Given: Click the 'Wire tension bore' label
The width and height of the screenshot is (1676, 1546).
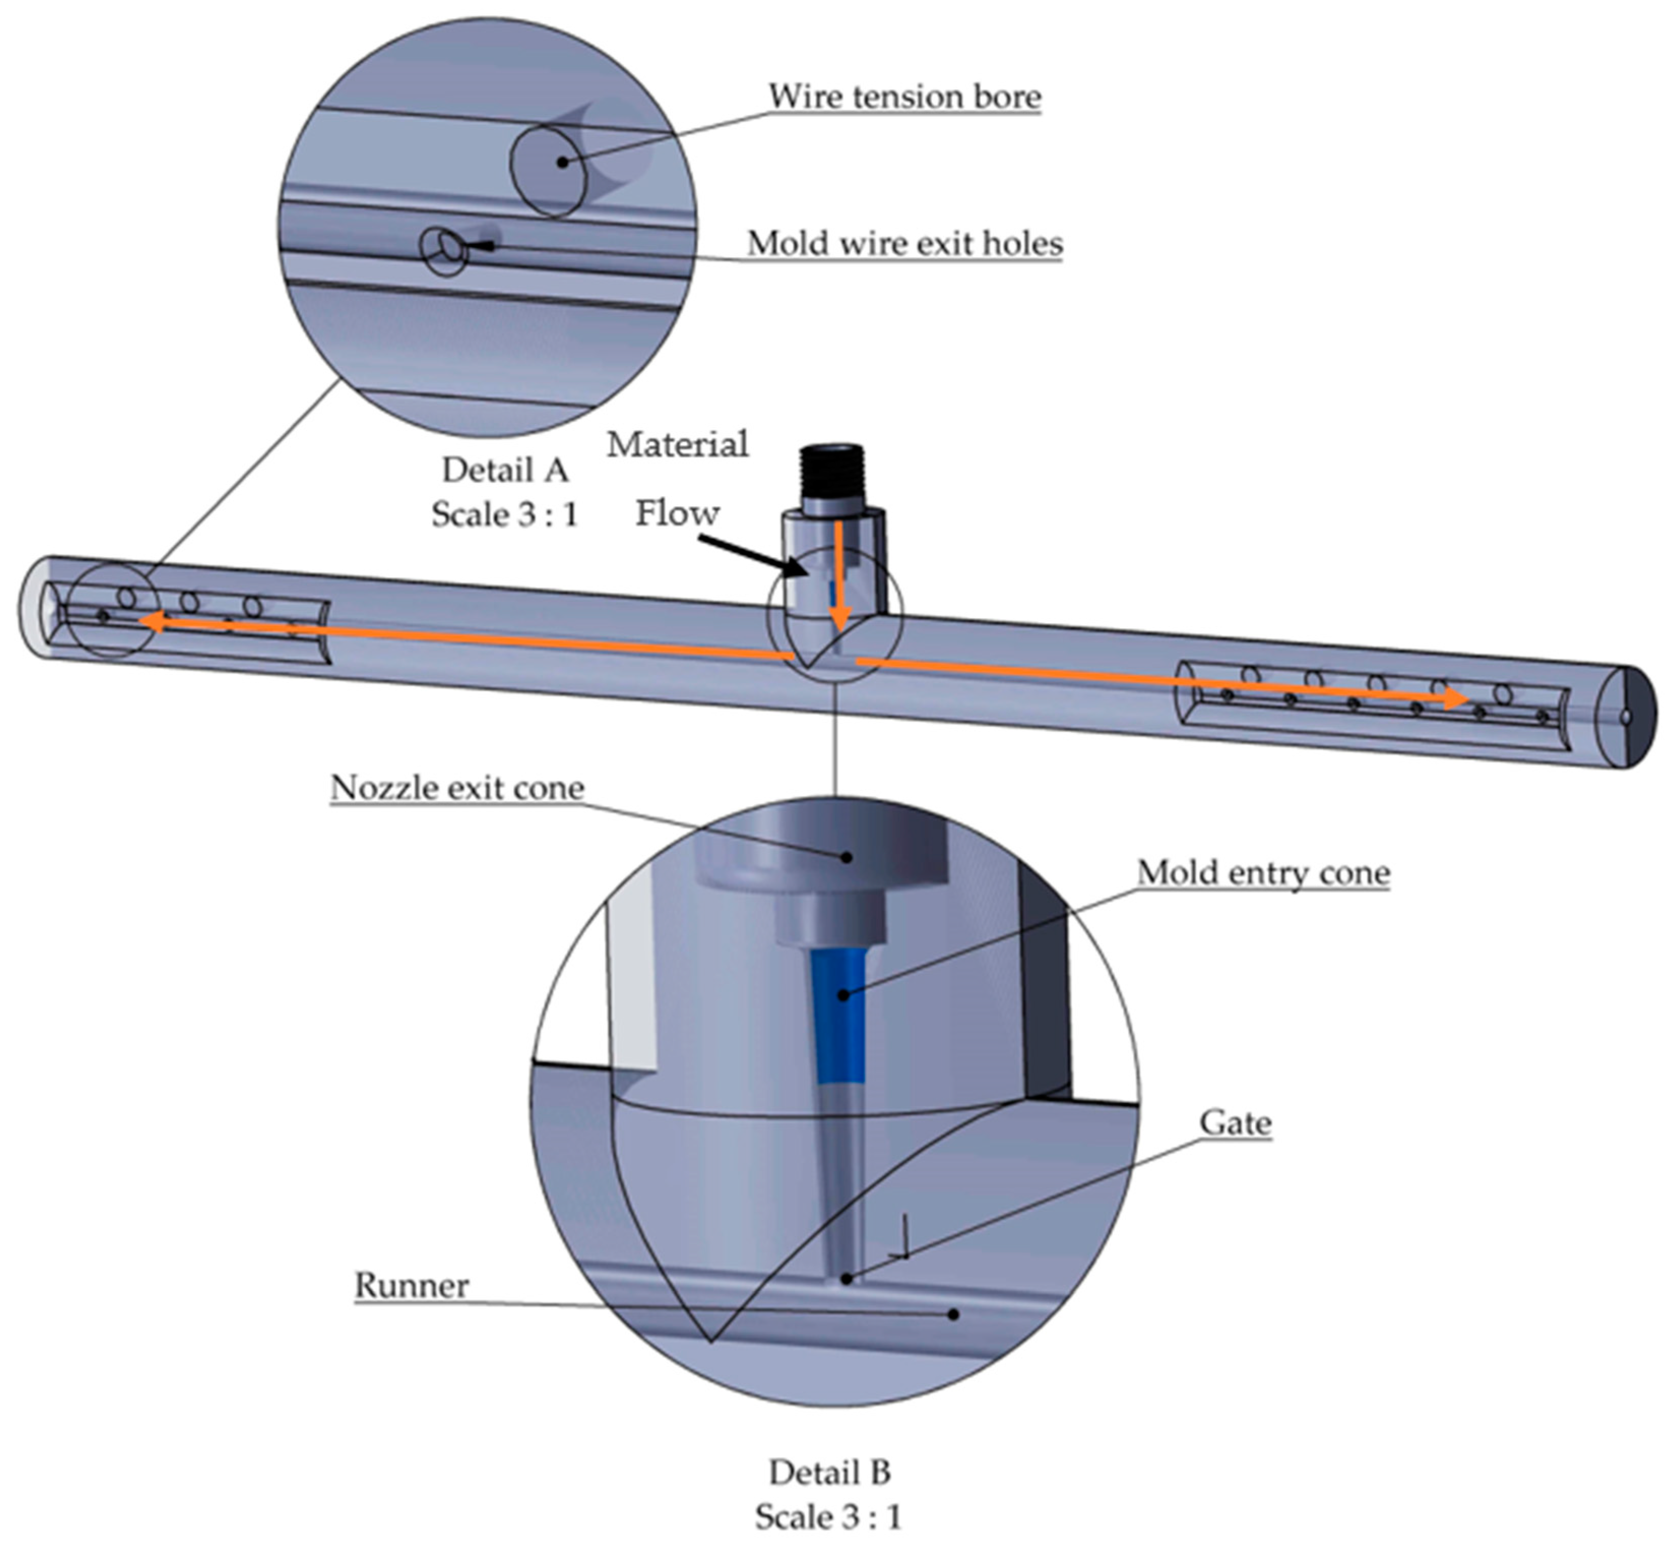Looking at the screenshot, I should [904, 97].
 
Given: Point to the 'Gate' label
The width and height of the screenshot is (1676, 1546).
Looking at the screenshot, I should [1235, 1123].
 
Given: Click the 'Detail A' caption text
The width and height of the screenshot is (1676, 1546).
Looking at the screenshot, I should [504, 470].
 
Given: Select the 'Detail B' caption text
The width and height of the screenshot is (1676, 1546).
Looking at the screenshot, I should [829, 1471].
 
